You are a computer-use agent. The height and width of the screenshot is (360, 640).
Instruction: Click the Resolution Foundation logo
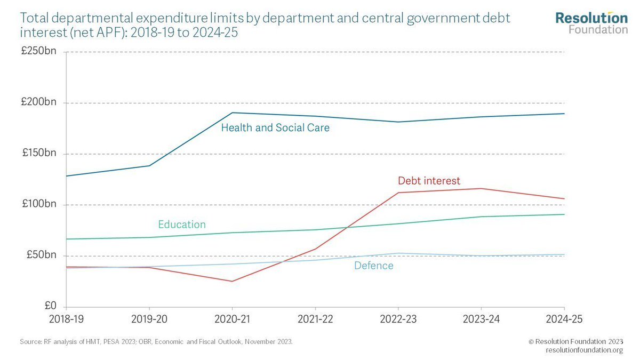pos(591,23)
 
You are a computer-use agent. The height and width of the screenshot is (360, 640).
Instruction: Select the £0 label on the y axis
pos(50,306)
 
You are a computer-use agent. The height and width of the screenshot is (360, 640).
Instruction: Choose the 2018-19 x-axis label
pos(66,319)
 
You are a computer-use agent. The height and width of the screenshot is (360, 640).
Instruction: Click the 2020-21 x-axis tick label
pos(232,319)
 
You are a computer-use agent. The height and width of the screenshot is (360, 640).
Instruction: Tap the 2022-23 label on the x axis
pos(398,319)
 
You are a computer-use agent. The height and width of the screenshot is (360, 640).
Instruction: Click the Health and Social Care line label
pos(275,128)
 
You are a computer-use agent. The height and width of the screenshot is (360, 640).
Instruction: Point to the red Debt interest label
pos(429,181)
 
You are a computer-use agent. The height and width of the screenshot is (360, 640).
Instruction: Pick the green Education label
pos(182,225)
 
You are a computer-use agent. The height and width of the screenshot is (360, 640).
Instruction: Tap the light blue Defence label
pos(373,266)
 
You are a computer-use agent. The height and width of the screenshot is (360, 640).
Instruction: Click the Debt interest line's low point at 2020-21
pos(232,281)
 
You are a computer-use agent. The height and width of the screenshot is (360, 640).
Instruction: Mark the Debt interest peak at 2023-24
pos(482,188)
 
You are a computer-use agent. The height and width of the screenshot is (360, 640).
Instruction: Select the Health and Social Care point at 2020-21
pos(232,113)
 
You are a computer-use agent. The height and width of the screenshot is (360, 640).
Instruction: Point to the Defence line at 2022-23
pos(398,253)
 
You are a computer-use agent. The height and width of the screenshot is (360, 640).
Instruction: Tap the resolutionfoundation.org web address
pos(585,350)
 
